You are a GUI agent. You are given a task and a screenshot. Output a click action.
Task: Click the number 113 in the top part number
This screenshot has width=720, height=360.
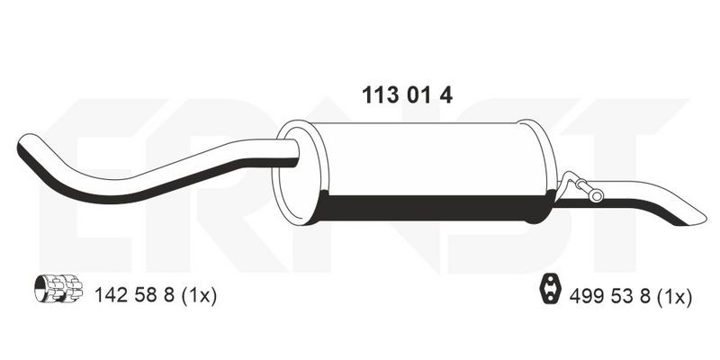380,95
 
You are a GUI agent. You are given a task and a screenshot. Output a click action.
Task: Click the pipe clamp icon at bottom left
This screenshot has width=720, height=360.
58,288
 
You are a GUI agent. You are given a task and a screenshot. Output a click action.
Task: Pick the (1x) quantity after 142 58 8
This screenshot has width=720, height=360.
199,296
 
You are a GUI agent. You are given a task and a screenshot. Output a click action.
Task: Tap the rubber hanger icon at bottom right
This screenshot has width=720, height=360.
550,288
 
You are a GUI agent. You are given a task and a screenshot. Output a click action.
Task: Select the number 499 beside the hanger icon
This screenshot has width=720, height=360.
588,297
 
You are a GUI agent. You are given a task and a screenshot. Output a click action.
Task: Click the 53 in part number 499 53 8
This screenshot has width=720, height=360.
622,297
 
